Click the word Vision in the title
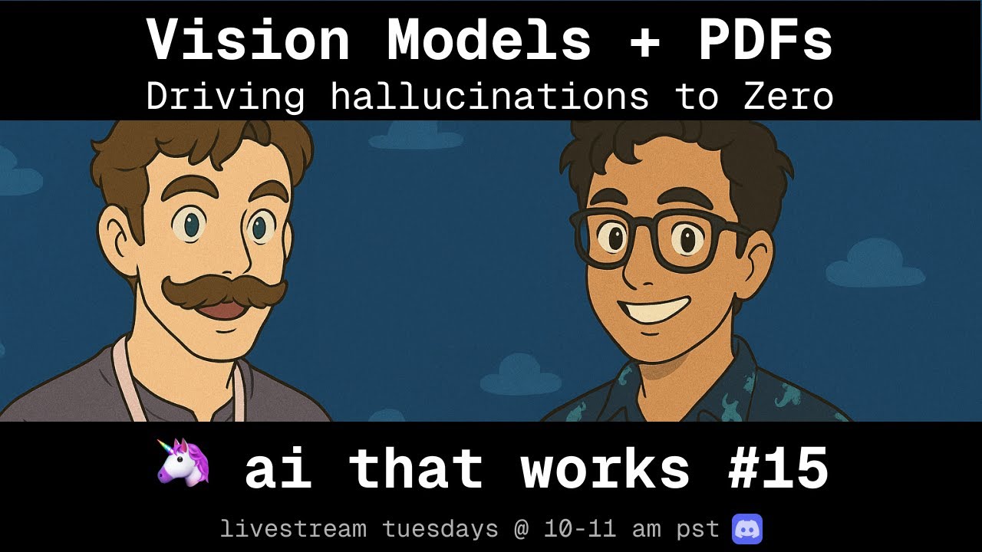click(248, 41)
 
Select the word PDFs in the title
click(765, 41)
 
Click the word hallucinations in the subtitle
click(489, 97)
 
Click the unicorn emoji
click(183, 462)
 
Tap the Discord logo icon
click(747, 529)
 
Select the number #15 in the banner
click(777, 468)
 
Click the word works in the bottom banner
click(605, 468)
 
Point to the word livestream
click(293, 529)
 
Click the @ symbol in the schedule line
click(522, 529)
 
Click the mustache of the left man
click(223, 290)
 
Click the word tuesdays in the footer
click(440, 529)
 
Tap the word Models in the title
click(489, 41)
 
